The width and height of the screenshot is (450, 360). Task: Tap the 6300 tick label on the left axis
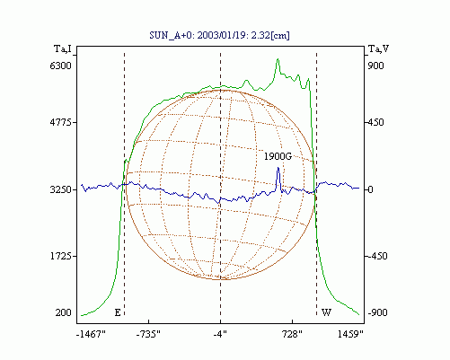61,66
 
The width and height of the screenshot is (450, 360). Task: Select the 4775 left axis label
61,122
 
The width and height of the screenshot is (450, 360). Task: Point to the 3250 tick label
61,189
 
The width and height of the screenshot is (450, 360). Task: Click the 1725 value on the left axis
61,256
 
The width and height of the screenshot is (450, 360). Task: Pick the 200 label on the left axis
63,312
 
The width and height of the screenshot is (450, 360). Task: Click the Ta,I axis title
63,48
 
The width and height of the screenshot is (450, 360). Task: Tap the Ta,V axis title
378,48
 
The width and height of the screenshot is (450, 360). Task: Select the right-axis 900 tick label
375,66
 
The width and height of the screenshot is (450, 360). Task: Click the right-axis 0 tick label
370,189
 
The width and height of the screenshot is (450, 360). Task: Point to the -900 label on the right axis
377,312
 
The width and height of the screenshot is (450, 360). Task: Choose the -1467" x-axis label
91,334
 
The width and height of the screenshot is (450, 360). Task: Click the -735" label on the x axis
148,334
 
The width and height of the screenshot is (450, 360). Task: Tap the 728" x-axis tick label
292,334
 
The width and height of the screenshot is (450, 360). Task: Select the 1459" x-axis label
350,334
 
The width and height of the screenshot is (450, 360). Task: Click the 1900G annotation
278,156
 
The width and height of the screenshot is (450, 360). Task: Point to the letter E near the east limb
118,312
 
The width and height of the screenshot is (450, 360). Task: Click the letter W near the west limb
326,312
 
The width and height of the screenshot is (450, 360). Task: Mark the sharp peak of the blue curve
278,168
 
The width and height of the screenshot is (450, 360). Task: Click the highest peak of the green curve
278,59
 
